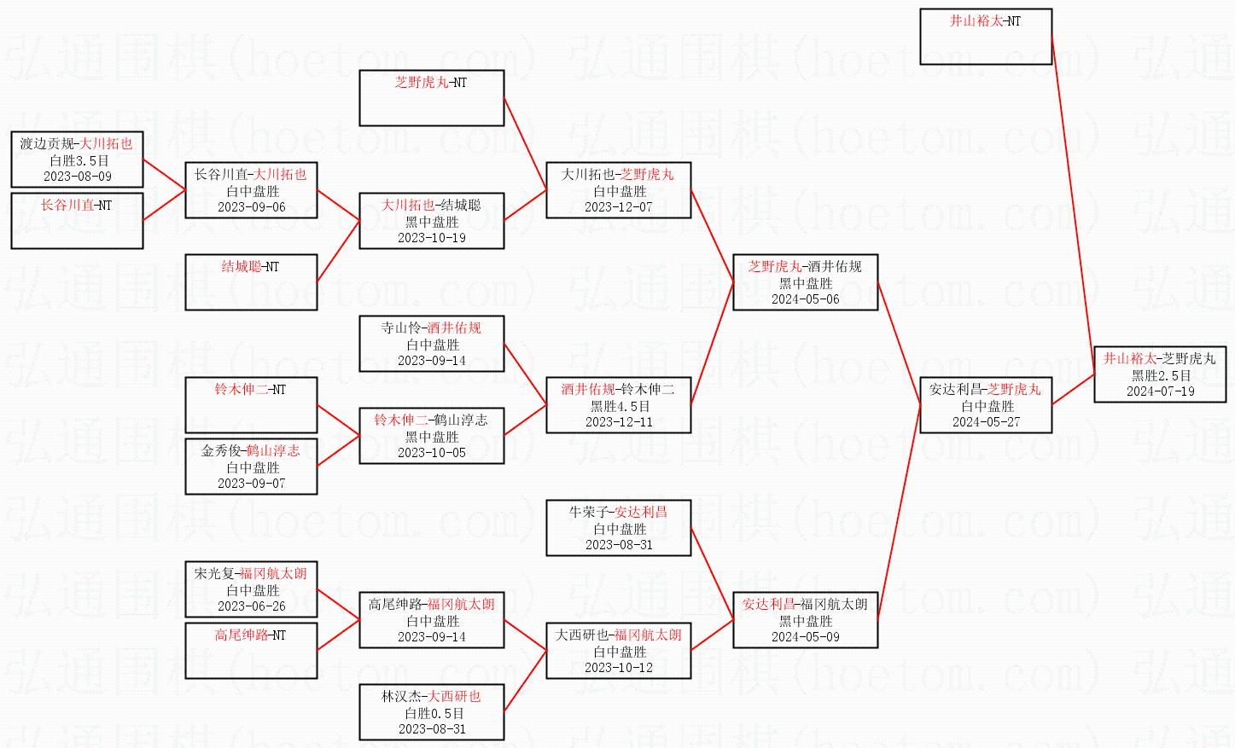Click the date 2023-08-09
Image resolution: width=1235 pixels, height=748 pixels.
click(x=78, y=177)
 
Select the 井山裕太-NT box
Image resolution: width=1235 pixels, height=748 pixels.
click(x=986, y=37)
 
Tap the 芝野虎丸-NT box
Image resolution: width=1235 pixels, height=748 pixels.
click(x=431, y=98)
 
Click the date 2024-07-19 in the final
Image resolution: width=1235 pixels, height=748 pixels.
click(x=1160, y=391)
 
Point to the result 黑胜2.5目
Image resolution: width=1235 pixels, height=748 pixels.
click(x=1161, y=375)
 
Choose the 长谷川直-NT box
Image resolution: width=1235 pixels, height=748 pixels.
click(x=77, y=221)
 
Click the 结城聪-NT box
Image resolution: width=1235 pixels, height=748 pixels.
click(x=251, y=282)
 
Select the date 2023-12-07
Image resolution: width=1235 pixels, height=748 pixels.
click(x=619, y=207)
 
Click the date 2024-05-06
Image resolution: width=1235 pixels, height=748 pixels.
click(x=805, y=299)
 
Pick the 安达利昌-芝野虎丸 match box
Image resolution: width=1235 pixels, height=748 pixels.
click(x=986, y=405)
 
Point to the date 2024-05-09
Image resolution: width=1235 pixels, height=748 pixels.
click(x=805, y=637)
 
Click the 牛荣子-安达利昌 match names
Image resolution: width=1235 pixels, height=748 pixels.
click(x=618, y=512)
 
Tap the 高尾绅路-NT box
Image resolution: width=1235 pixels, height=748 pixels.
click(x=251, y=651)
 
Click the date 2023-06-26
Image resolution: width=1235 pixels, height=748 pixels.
click(x=252, y=606)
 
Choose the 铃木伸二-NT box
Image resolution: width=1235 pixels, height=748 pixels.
click(x=251, y=405)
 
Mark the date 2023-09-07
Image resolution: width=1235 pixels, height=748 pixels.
click(x=252, y=484)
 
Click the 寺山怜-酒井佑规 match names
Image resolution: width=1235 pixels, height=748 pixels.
click(x=431, y=328)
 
